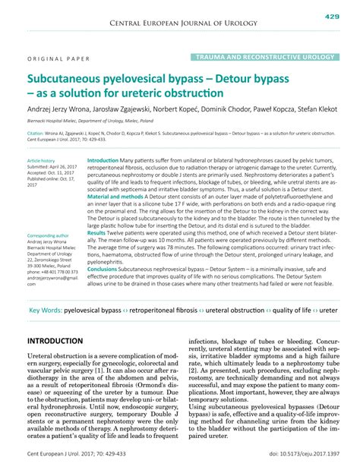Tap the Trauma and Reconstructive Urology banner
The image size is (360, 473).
click(264, 57)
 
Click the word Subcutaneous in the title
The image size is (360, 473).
click(68, 78)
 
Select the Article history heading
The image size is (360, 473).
click(42, 162)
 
